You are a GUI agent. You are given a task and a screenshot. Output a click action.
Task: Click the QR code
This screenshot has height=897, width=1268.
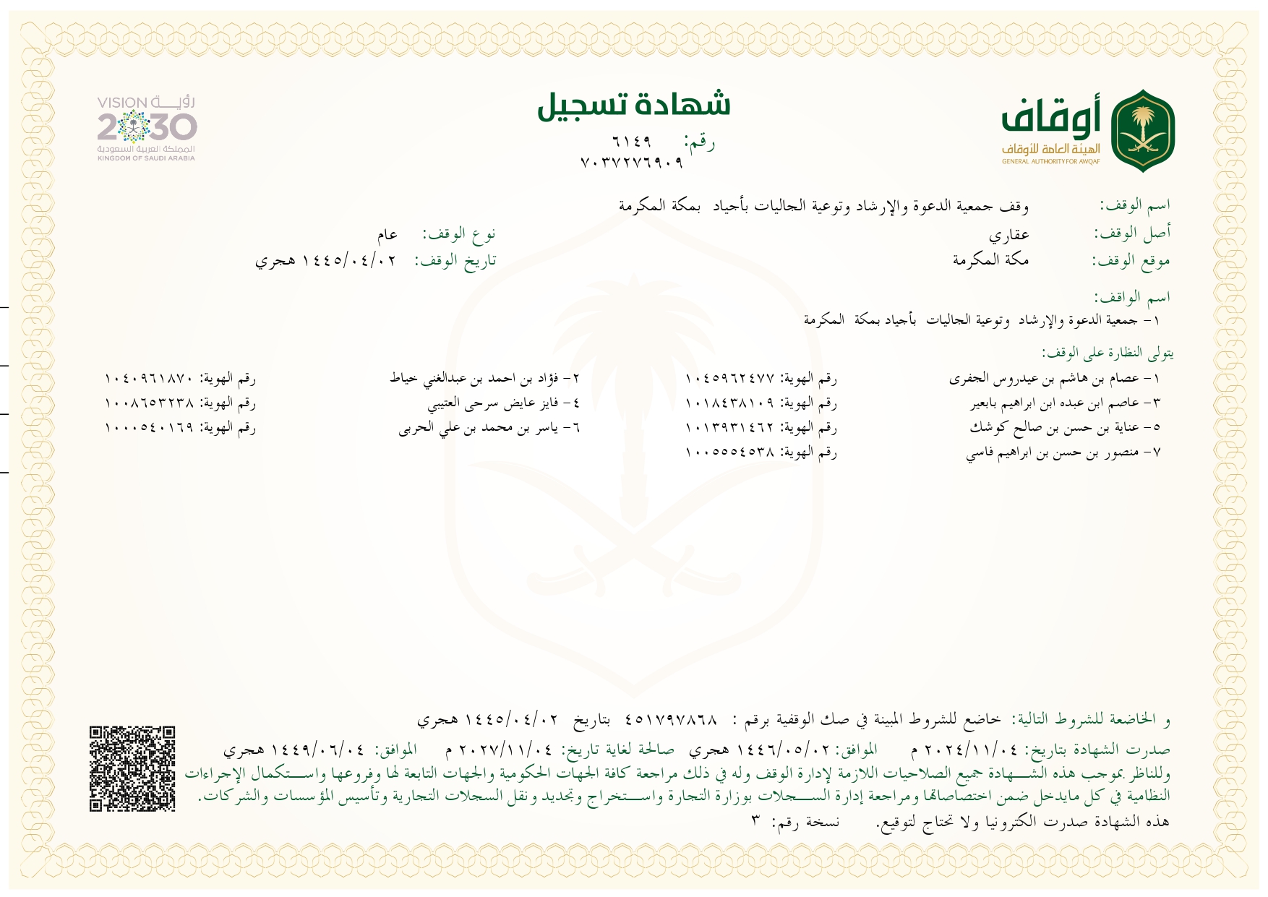pyautogui.click(x=132, y=768)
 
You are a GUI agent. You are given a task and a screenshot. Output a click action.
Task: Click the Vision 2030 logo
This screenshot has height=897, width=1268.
pyautogui.click(x=147, y=128)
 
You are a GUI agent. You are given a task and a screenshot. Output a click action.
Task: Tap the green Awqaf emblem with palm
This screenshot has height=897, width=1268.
pyautogui.click(x=1142, y=131)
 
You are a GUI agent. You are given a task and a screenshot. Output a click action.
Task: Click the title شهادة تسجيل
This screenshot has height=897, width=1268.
pyautogui.click(x=634, y=105)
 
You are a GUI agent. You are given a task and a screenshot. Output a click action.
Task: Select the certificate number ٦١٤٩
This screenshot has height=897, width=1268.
pyautogui.click(x=631, y=141)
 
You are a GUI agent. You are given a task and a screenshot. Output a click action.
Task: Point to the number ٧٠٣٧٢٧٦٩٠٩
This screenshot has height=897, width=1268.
pyautogui.click(x=631, y=163)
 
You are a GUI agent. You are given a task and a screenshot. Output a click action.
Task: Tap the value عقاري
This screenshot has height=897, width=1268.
pyautogui.click(x=1008, y=234)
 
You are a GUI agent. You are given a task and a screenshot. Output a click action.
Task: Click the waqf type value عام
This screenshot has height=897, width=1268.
pyautogui.click(x=387, y=234)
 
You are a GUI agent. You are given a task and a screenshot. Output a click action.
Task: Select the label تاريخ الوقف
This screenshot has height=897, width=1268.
pyautogui.click(x=455, y=260)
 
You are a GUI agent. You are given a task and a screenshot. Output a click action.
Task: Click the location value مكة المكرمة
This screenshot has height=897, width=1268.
pyautogui.click(x=990, y=259)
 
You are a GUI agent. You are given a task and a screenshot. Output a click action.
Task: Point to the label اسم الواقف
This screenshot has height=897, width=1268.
pyautogui.click(x=1131, y=296)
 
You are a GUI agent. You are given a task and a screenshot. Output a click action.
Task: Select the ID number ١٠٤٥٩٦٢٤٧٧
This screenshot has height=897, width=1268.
pyautogui.click(x=729, y=378)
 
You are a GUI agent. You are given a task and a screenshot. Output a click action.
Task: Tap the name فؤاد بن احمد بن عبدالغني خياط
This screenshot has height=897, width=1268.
pyautogui.click(x=484, y=378)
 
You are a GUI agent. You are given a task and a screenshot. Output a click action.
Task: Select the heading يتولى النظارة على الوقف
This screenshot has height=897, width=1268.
pyautogui.click(x=1107, y=353)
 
